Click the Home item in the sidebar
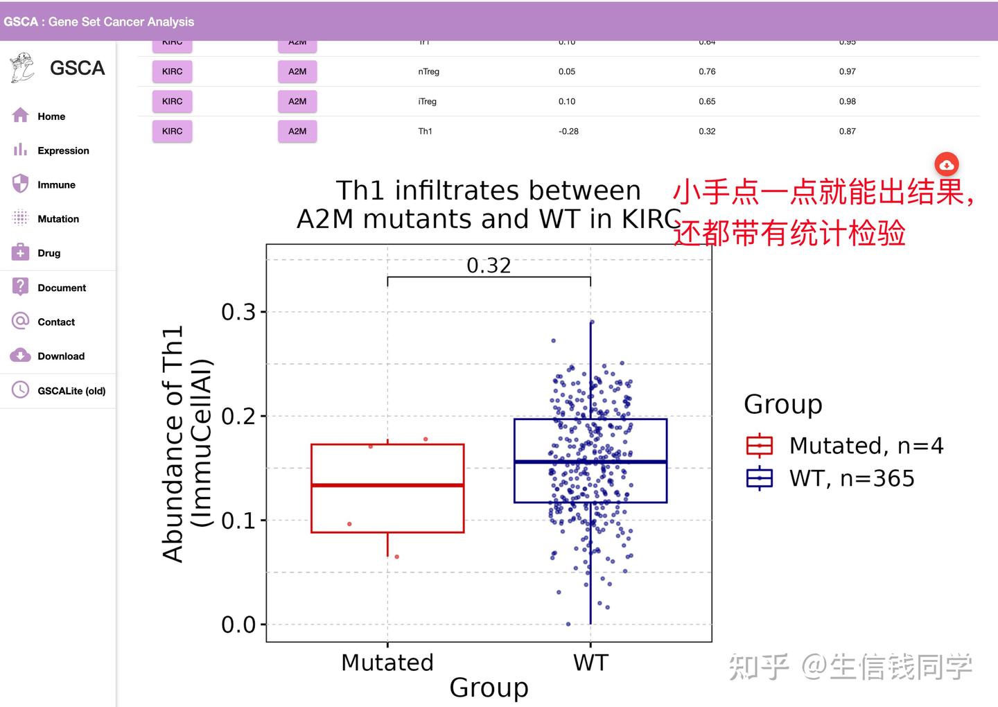click(51, 116)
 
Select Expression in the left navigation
click(62, 150)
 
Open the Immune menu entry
click(56, 184)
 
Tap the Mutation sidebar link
click(58, 219)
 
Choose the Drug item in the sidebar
click(49, 253)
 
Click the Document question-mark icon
click(21, 286)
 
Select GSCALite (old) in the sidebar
click(71, 391)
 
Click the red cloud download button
click(946, 165)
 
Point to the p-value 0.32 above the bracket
click(489, 265)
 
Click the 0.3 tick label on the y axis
click(238, 312)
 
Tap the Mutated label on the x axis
click(387, 663)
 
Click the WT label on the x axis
click(590, 663)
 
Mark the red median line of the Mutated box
click(387, 485)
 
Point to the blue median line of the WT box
click(590, 462)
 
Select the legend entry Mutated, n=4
click(866, 446)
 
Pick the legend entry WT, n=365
click(851, 478)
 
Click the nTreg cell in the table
click(428, 71)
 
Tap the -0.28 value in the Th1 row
click(568, 131)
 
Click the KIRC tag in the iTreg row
click(172, 101)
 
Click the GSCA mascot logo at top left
click(22, 68)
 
